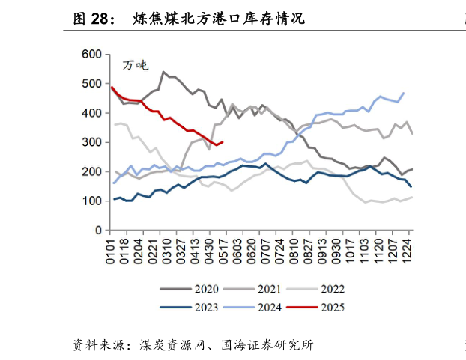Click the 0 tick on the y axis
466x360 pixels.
coord(99,231)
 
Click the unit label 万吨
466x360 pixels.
coord(136,66)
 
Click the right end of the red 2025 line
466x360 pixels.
coord(223,141)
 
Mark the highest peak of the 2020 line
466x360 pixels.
coord(163,72)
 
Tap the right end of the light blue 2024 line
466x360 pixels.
coord(404,93)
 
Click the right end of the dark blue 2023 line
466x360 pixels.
coord(411,186)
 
